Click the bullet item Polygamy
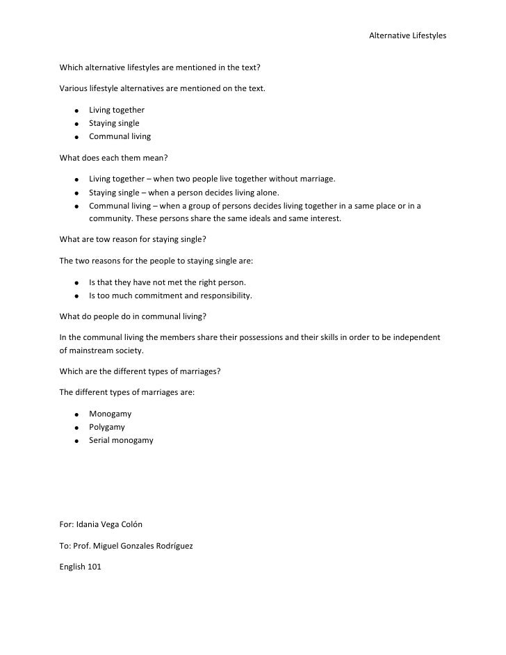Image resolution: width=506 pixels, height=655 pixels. [107, 427]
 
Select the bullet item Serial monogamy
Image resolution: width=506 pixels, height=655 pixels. [121, 440]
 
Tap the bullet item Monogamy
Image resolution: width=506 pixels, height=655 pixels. [110, 414]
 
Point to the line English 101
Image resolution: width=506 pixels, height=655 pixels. [81, 567]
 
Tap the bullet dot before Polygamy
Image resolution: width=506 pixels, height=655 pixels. [74, 428]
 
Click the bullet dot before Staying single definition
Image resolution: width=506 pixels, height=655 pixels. [74, 193]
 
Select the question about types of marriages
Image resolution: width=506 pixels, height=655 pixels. [140, 371]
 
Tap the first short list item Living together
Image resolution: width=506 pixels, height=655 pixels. [116, 110]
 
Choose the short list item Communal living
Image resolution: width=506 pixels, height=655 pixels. [120, 136]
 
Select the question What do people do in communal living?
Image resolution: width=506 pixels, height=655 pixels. [133, 316]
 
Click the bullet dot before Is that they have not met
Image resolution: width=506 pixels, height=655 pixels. [74, 283]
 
